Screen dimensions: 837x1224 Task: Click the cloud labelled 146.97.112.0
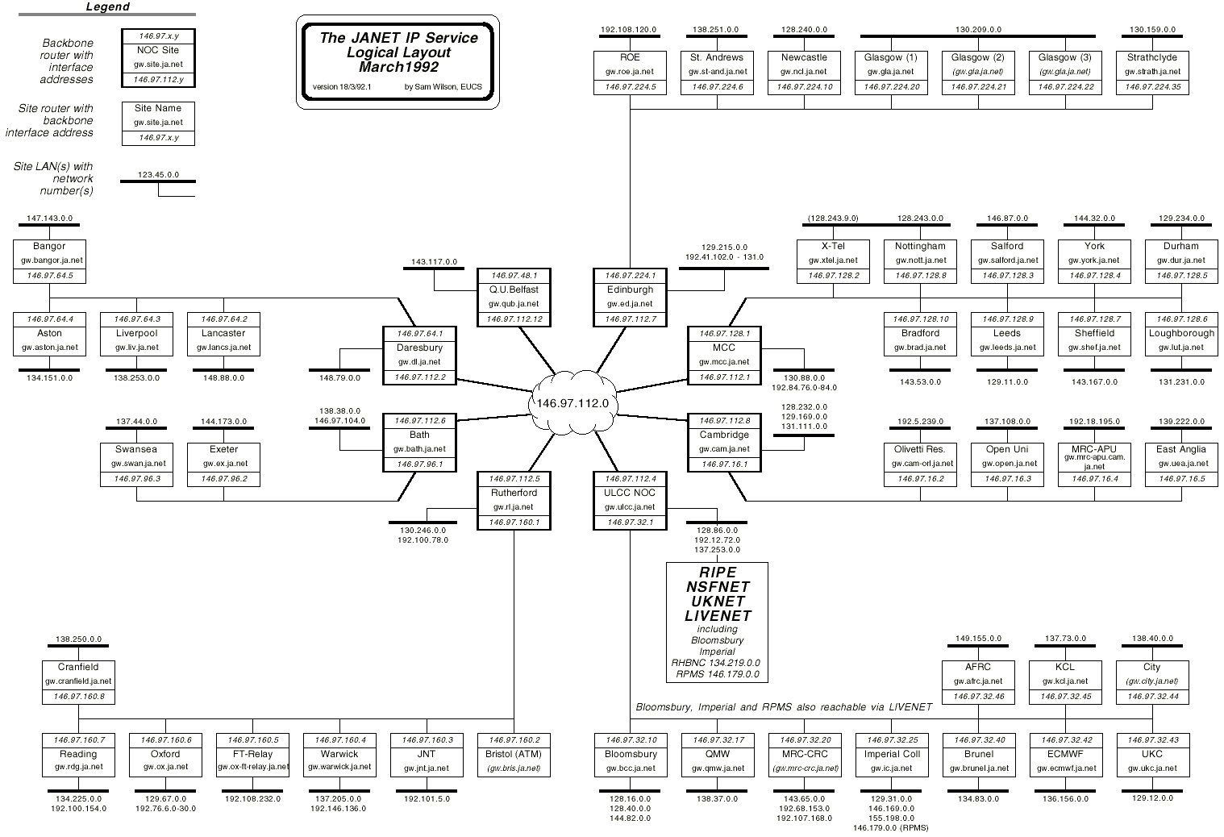[572, 403]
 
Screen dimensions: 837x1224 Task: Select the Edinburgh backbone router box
[630, 297]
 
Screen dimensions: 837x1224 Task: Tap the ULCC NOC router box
[630, 500]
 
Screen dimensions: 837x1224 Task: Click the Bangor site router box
[49, 260]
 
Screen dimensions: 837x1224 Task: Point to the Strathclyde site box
[1152, 73]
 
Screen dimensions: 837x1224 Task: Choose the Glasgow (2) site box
[978, 73]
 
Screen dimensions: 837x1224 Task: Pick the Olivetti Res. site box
[920, 464]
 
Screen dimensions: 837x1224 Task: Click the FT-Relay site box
[252, 754]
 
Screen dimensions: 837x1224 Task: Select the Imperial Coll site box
[891, 754]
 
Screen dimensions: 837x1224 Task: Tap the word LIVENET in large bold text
[718, 616]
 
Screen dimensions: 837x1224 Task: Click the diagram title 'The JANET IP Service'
[398, 38]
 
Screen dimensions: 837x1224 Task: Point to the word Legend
[108, 7]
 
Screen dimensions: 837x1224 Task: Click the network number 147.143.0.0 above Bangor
[49, 219]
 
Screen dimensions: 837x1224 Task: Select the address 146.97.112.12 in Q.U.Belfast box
[514, 319]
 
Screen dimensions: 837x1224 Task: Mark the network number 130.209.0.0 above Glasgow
[978, 30]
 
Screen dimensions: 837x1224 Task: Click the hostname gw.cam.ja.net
[723, 449]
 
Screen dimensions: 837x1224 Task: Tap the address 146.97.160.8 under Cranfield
[78, 697]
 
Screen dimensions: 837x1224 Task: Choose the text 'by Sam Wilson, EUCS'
[443, 87]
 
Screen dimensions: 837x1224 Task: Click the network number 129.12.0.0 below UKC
[1152, 798]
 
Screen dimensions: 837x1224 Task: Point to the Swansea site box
[136, 464]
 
